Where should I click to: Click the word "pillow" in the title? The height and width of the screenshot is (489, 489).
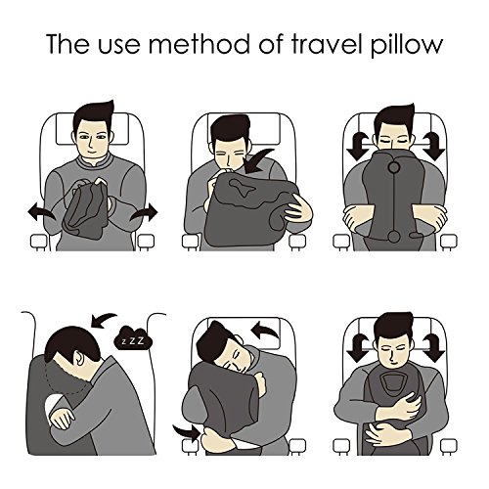tap(407, 45)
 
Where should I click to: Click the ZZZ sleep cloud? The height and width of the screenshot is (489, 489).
tap(133, 341)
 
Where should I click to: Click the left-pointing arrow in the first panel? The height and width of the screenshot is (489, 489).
tap(41, 212)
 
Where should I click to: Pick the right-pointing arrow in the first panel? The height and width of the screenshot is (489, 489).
tap(144, 213)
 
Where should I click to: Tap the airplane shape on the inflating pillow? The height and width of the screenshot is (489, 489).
tap(243, 187)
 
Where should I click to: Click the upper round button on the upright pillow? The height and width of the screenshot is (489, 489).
tap(394, 168)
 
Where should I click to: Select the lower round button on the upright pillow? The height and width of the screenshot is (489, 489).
tap(394, 237)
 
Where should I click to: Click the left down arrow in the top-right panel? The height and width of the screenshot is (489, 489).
tap(357, 146)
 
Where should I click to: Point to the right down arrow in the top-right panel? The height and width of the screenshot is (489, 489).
tap(433, 146)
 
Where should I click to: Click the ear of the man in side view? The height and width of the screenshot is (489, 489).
tap(80, 358)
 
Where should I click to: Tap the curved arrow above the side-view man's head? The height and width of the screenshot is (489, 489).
tap(104, 320)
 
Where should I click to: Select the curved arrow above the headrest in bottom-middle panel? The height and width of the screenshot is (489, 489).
tap(266, 331)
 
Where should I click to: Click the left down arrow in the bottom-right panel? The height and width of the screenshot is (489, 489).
tap(357, 348)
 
